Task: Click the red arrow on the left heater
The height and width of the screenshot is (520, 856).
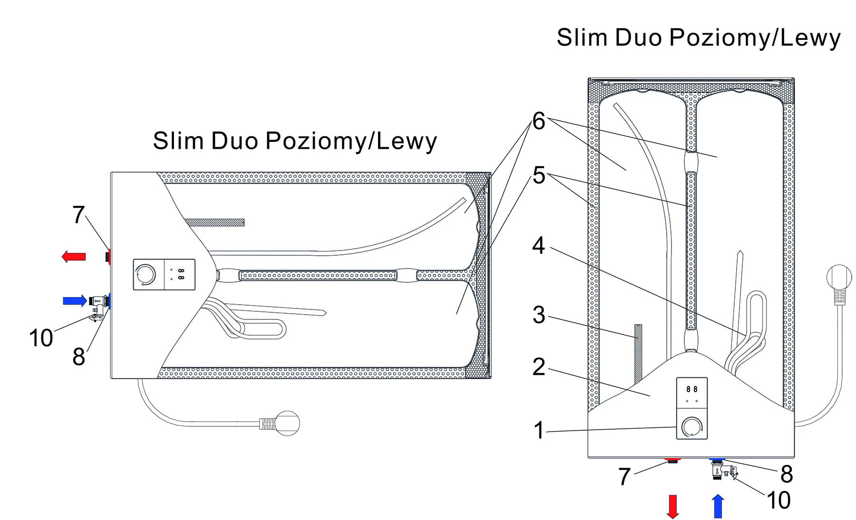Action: [x=74, y=257]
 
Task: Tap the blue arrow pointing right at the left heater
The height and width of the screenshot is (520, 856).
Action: [x=75, y=300]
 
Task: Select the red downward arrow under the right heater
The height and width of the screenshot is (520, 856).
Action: [x=672, y=506]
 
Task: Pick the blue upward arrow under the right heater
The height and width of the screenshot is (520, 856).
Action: [x=718, y=506]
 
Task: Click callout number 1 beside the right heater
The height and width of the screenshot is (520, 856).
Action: [x=538, y=431]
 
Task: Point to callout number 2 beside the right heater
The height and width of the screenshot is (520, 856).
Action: [x=538, y=367]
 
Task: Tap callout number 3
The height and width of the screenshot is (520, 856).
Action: [x=538, y=315]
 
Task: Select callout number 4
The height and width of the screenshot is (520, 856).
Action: [x=538, y=246]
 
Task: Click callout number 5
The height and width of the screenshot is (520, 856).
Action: [x=538, y=175]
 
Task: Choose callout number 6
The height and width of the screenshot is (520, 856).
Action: [x=538, y=121]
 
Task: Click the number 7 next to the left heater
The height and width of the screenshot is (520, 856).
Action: [x=78, y=215]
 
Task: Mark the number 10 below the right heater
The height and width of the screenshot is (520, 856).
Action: [x=778, y=501]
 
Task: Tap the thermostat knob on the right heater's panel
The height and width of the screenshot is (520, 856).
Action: [x=691, y=427]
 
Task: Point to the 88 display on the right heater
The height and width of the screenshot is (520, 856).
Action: [x=692, y=389]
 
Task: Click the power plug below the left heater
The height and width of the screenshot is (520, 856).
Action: [x=284, y=423]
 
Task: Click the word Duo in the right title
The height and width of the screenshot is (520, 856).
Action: [x=638, y=38]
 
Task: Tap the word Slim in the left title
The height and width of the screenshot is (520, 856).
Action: [x=178, y=141]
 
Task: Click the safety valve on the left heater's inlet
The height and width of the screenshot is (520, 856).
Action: [x=99, y=303]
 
